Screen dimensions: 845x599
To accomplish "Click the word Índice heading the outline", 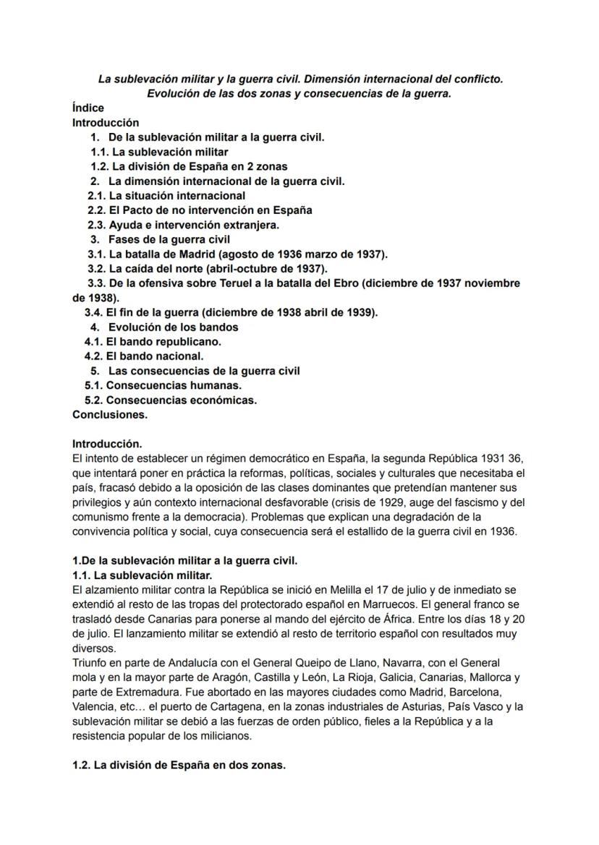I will (88, 108).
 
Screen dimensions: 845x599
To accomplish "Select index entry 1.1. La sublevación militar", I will (159, 152).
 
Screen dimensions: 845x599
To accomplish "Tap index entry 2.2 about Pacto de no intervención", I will (200, 210).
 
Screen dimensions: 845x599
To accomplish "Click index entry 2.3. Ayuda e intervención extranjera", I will (184, 225).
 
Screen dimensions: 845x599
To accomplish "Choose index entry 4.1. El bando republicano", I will (153, 341).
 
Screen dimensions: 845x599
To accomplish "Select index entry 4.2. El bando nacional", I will (144, 356).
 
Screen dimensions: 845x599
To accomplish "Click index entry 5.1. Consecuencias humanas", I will (163, 385).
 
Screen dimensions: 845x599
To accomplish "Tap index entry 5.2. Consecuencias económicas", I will (171, 400).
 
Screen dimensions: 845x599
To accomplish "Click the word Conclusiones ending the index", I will (110, 415).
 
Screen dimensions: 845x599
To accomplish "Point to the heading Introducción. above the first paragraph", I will (107, 444).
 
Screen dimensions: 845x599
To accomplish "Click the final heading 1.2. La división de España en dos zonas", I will (179, 765).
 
